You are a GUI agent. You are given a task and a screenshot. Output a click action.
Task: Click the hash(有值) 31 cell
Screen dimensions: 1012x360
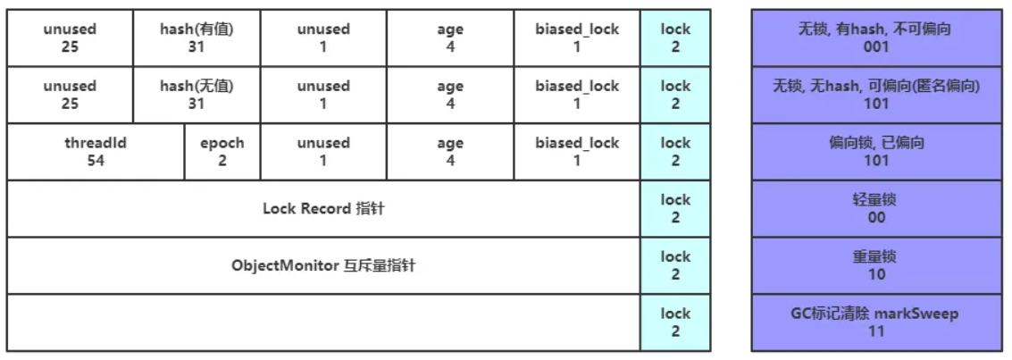[x=197, y=38]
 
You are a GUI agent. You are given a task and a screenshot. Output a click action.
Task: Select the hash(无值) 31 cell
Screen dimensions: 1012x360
[x=197, y=95]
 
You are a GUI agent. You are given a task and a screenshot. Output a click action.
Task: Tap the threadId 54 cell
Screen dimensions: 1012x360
[x=96, y=152]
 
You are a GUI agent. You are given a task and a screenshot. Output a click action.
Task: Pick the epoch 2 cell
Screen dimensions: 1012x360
[x=222, y=152]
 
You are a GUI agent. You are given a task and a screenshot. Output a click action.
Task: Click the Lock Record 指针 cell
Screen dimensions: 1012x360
[x=323, y=209]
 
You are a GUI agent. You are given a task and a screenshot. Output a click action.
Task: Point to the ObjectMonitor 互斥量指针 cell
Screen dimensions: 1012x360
[x=323, y=266]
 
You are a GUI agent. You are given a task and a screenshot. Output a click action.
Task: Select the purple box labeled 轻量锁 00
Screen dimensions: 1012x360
[x=876, y=209]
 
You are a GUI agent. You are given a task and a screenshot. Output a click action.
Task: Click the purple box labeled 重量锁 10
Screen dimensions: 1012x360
[x=876, y=266]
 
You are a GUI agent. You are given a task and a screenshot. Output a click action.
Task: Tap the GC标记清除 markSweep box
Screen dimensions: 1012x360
[x=876, y=322]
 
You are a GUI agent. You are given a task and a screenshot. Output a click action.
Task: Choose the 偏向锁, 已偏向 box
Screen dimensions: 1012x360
[x=876, y=152]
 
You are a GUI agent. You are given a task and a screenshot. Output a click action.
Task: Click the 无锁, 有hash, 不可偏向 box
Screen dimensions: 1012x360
[x=876, y=38]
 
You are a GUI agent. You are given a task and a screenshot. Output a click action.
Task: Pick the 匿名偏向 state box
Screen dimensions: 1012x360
[x=876, y=95]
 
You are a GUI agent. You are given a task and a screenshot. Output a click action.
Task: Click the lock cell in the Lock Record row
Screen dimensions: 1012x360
[x=675, y=209]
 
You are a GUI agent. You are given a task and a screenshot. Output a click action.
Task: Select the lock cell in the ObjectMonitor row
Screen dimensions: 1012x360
[x=675, y=266]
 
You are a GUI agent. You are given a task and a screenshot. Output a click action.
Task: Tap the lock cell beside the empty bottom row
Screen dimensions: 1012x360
[x=675, y=322]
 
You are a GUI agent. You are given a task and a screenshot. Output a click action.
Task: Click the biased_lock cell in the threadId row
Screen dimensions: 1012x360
[x=577, y=152]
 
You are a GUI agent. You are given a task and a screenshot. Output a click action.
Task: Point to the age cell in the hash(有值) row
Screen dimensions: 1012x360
[x=450, y=38]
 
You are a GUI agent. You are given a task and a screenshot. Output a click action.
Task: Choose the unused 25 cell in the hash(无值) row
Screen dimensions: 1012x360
[x=70, y=95]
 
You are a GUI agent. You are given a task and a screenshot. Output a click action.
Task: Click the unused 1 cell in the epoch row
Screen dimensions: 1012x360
[x=323, y=152]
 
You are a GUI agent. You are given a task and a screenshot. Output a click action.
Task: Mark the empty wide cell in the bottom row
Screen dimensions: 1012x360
[x=323, y=322]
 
